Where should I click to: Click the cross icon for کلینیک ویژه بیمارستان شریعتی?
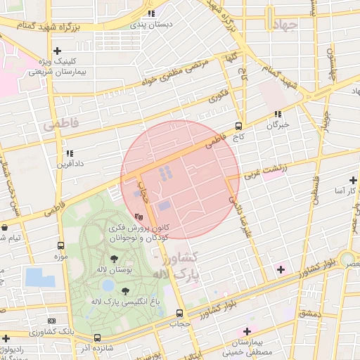[x=58, y=51]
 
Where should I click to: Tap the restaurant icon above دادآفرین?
[x=69, y=153]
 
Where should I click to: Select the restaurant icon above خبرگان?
[x=278, y=113]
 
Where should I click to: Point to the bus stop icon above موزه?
[x=60, y=246]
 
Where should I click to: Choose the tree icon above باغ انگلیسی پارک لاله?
[x=125, y=291]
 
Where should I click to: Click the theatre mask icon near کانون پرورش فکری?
[x=139, y=217]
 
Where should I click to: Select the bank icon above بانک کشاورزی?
[x=51, y=320]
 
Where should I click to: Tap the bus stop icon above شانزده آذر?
[x=97, y=337]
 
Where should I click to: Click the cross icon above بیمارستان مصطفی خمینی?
[x=246, y=331]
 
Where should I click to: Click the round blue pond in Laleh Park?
[x=108, y=285]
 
